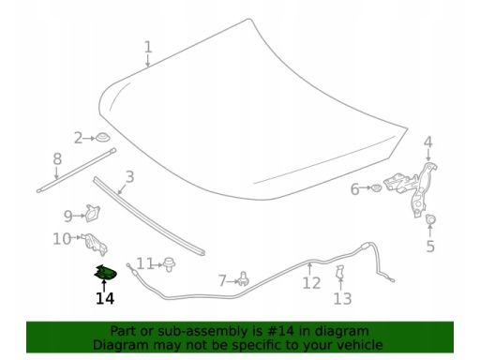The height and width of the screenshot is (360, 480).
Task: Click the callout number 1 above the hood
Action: [148, 47]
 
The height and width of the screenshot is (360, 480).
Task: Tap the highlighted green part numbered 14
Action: [106, 272]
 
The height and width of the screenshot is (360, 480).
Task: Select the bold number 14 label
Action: [105, 298]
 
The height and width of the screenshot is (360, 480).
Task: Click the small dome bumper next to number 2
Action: [102, 137]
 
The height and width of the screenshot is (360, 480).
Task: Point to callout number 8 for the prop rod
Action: [57, 158]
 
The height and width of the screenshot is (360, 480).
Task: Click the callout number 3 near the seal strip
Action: [129, 176]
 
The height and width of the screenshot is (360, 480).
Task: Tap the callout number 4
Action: [428, 142]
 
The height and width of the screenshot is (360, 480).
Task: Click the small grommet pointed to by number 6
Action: [376, 188]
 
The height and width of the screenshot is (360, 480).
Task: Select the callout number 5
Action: [430, 247]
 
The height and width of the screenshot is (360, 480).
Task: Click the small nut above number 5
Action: [430, 219]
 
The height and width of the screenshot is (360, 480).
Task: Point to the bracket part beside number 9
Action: [92, 214]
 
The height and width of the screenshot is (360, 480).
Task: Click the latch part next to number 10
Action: [95, 244]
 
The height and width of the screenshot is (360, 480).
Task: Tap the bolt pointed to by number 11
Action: [170, 264]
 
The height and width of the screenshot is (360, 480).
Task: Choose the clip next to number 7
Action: [244, 279]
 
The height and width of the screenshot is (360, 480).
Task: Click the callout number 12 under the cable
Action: [311, 283]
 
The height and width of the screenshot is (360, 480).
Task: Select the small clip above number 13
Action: [339, 272]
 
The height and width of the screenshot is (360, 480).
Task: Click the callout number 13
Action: [342, 298]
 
